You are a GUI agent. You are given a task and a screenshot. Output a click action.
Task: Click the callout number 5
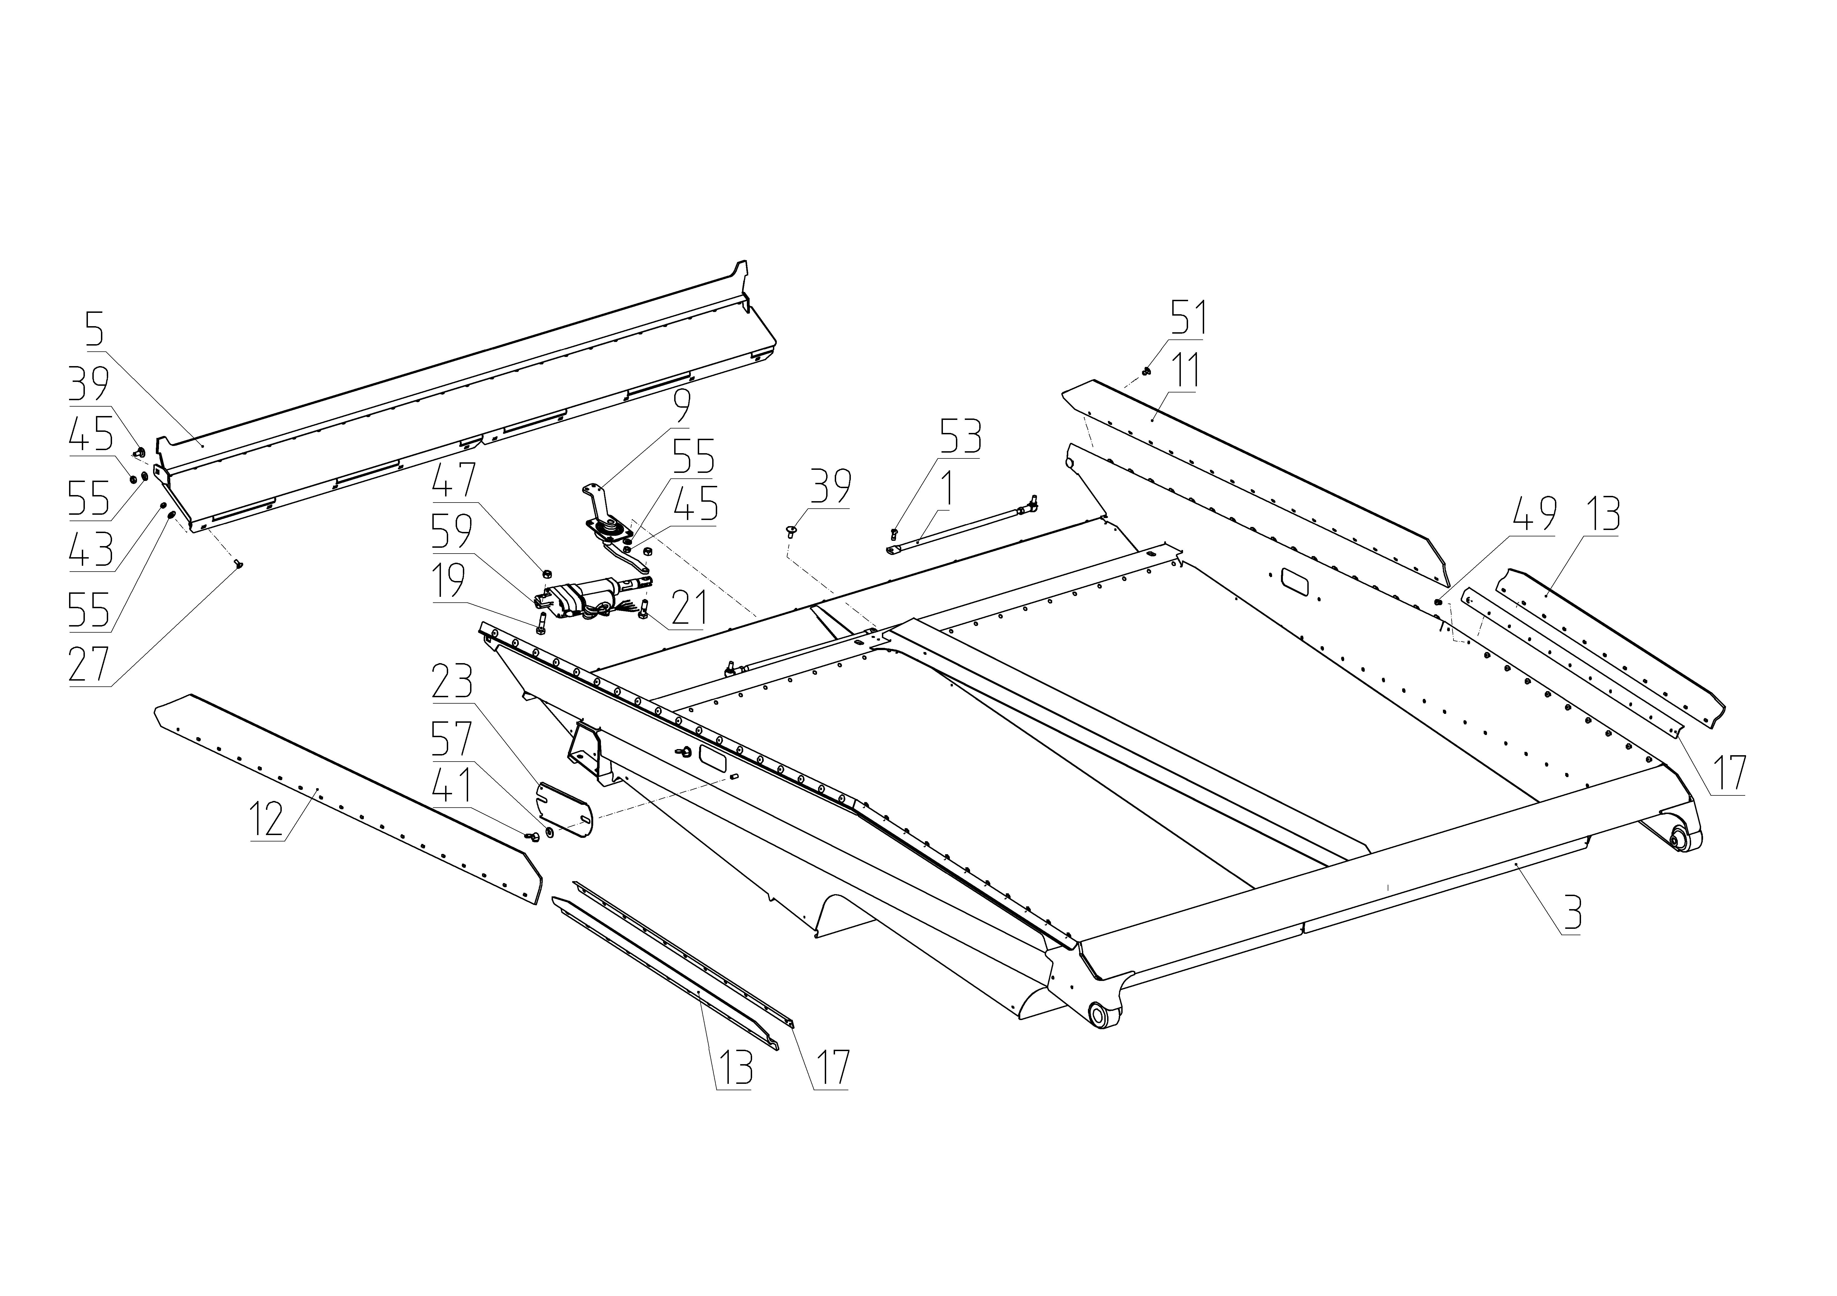tap(95, 328)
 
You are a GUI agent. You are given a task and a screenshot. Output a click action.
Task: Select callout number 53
tap(960, 436)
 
